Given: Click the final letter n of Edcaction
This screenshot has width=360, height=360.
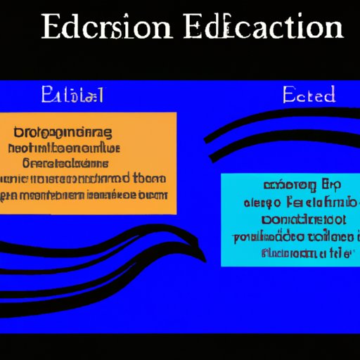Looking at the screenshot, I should click(x=333, y=30).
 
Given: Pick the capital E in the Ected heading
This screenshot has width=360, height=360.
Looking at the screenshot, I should click(x=288, y=94).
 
